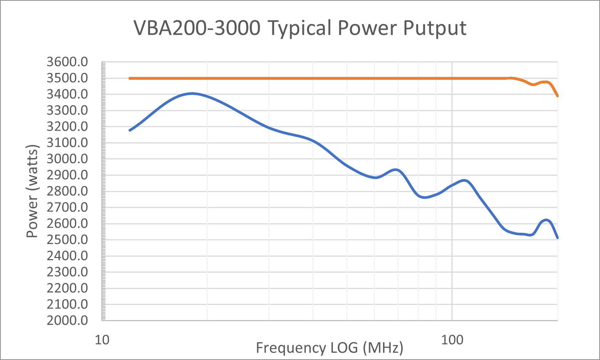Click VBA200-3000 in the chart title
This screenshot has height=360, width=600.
click(197, 28)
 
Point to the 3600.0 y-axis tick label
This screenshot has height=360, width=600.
click(67, 62)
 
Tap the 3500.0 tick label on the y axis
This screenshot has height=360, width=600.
click(67, 78)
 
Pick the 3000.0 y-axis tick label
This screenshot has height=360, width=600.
click(67, 159)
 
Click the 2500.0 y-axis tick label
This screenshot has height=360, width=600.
click(67, 240)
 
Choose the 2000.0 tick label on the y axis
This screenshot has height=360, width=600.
click(67, 320)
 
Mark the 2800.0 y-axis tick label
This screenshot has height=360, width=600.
click(67, 191)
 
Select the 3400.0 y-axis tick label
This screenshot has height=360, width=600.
click(67, 94)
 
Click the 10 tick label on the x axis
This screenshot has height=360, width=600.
click(102, 340)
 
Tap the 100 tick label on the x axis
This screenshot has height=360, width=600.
click(452, 340)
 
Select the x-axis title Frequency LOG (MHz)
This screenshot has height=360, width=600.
click(329, 348)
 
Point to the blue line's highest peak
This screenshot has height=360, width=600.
click(192, 94)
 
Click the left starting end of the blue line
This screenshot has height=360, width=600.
click(130, 130)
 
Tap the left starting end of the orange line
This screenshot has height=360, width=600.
click(130, 78)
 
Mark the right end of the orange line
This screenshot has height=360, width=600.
click(557, 96)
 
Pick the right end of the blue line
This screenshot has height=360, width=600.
click(557, 238)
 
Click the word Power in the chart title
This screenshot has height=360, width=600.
click(367, 28)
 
